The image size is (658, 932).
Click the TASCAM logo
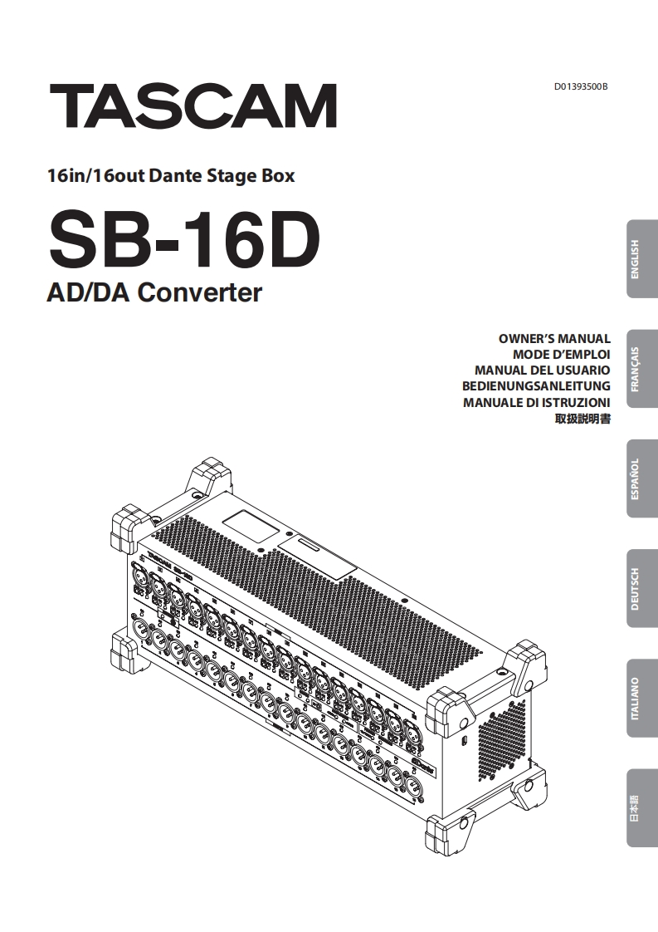(193, 105)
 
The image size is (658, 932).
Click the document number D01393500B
(581, 86)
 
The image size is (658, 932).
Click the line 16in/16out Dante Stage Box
(171, 175)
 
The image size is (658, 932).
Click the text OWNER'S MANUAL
(554, 339)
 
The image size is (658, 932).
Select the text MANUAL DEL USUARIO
(542, 370)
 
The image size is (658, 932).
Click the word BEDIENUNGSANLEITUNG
(536, 386)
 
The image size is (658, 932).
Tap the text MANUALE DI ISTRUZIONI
(536, 402)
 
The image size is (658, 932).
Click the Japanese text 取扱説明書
(582, 419)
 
